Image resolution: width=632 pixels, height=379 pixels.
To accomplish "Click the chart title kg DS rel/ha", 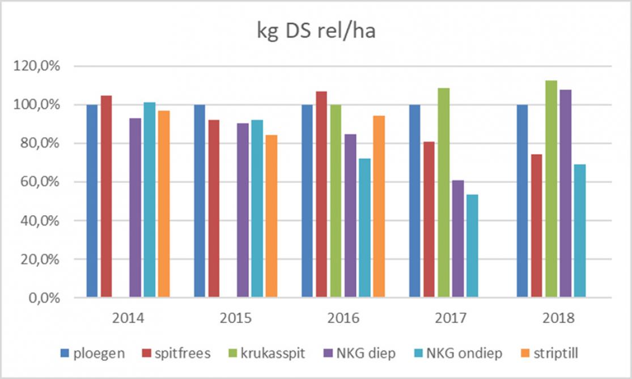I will click(x=315, y=32).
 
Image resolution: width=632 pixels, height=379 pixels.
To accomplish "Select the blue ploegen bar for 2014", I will click(x=92, y=201).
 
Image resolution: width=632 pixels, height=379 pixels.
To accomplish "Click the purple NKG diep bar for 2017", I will click(x=458, y=239).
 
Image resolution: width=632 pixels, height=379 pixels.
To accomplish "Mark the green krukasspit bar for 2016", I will click(x=336, y=201).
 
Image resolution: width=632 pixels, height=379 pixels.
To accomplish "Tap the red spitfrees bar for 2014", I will click(x=106, y=196).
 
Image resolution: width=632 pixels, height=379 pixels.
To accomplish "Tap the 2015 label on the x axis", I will click(x=236, y=317).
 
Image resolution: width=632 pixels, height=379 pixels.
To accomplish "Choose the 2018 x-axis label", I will click(x=558, y=317).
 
